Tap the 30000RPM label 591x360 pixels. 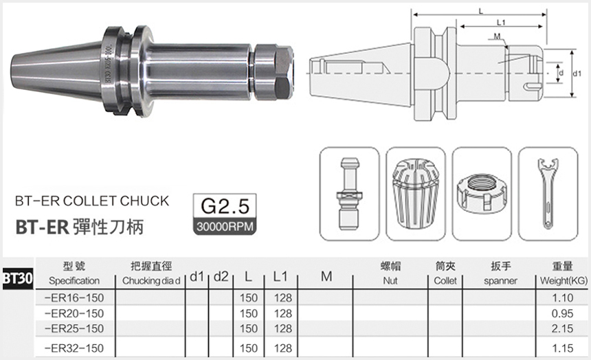pos(225,227)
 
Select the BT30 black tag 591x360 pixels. pos(18,278)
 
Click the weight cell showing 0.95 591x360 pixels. pos(562,313)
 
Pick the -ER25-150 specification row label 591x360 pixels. pos(74,328)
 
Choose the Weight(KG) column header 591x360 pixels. pos(564,281)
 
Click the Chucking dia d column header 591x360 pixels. pos(151,281)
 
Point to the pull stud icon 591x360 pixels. pos(349,194)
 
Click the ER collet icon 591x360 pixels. pos(415,194)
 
